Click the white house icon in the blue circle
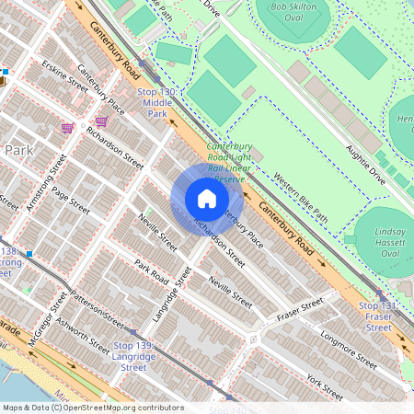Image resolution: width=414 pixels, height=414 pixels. click(207, 199)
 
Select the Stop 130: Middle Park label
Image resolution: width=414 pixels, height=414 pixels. click(157, 102)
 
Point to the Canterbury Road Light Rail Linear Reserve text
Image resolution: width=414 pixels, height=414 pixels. click(225, 163)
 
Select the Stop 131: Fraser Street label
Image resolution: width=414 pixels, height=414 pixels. click(379, 316)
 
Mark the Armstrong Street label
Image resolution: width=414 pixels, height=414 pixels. click(44, 183)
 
